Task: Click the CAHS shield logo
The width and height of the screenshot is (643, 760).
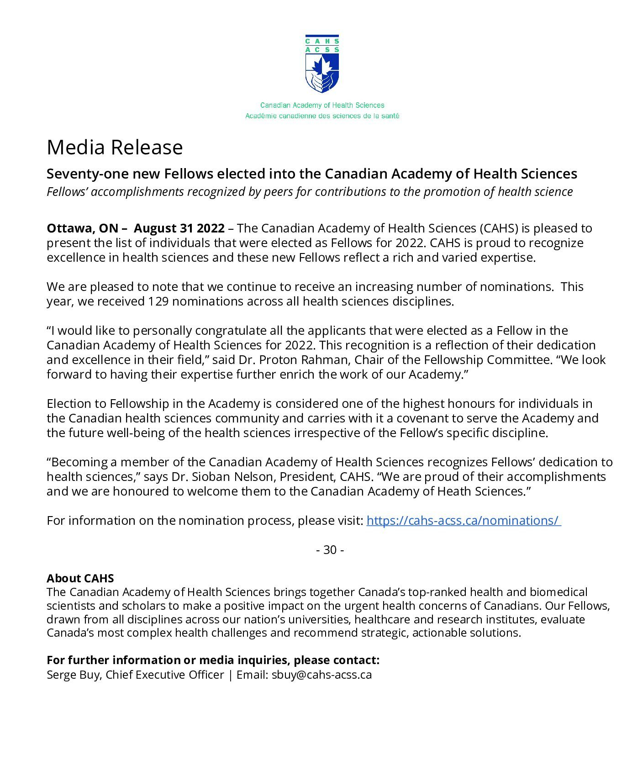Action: pos(322,64)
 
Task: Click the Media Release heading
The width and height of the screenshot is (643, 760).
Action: pos(115,147)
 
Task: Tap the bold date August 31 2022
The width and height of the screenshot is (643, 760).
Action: pos(179,228)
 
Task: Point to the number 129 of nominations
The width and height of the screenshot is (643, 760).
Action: pos(158,301)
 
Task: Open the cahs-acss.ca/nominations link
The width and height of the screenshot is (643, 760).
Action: pos(464,521)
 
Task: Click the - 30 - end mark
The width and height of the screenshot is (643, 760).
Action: pos(330,550)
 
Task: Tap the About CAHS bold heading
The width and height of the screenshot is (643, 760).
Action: pos(80,578)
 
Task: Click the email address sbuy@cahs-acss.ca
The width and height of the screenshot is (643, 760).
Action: pos(321,675)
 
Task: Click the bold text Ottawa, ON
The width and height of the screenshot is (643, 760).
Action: pos(82,228)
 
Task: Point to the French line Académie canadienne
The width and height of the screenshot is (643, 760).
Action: pos(322,116)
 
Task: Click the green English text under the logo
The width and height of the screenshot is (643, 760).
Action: pos(322,105)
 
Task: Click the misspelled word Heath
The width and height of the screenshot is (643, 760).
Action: pos(454,491)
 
